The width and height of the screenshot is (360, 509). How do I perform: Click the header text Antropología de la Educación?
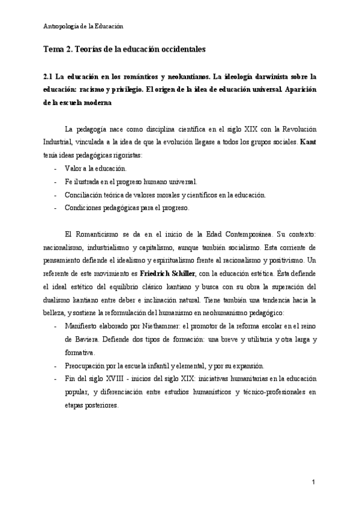tap(83, 26)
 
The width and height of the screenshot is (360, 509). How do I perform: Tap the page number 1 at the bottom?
tap(313, 482)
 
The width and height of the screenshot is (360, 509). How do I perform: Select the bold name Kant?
tap(308, 142)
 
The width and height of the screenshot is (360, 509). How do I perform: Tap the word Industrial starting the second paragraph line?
tap(59, 142)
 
